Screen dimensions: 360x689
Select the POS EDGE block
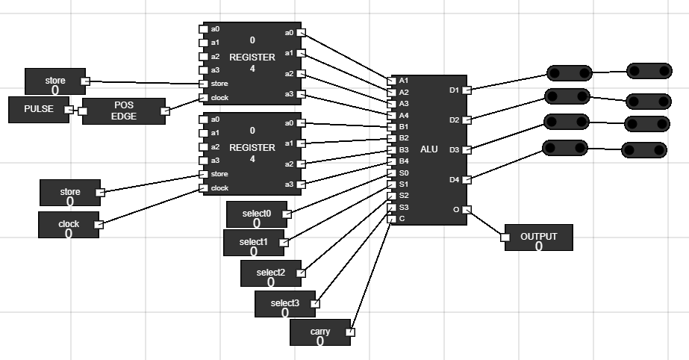[x=123, y=111]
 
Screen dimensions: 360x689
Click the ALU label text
[x=429, y=149]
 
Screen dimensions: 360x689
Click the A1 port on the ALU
[x=393, y=80]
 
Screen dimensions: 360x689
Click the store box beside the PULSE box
[x=55, y=81]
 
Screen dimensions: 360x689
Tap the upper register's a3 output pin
[x=301, y=94]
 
